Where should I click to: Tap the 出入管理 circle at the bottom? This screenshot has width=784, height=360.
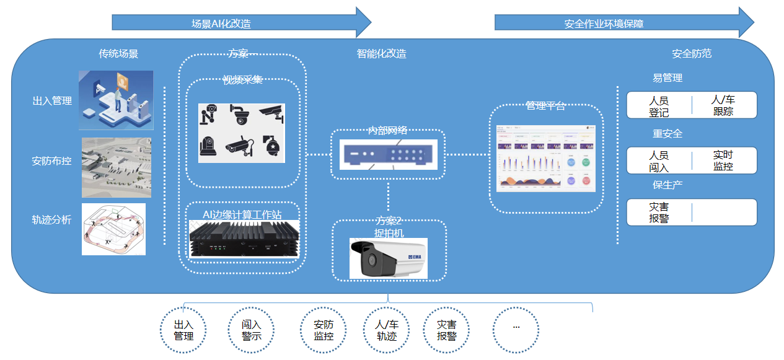183,330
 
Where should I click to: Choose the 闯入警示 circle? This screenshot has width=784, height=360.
251,330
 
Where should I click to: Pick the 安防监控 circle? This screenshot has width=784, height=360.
324,330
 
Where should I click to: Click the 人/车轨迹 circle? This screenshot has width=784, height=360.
387,330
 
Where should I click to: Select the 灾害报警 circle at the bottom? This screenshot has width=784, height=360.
446,330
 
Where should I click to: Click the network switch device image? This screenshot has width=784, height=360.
389,154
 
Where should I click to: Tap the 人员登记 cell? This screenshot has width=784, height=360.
659,106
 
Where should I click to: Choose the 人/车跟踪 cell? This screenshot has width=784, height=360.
723,105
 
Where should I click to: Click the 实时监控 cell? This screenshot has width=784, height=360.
723,160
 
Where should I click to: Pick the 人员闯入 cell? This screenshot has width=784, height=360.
659,161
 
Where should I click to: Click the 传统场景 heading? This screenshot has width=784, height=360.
118,54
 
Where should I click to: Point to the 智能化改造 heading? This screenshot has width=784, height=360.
382,54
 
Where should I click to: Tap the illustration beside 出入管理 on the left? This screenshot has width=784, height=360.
116,100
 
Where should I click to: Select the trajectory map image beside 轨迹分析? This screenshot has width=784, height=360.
113,229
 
